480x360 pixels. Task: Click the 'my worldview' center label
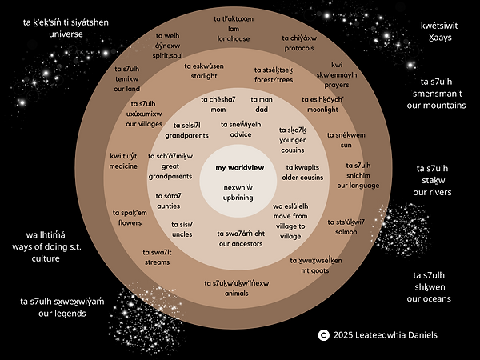pyautogui.click(x=239, y=167)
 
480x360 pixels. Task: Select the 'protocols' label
pyautogui.click(x=299, y=49)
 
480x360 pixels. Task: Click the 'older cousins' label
pyautogui.click(x=304, y=177)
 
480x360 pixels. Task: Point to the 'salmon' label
pyautogui.click(x=346, y=231)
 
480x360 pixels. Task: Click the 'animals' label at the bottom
pyautogui.click(x=236, y=293)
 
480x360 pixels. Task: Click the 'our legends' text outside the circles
pyautogui.click(x=54, y=314)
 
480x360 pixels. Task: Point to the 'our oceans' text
pyautogui.click(x=429, y=298)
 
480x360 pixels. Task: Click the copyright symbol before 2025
pyautogui.click(x=323, y=334)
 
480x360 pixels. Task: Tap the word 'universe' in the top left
pyautogui.click(x=66, y=35)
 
